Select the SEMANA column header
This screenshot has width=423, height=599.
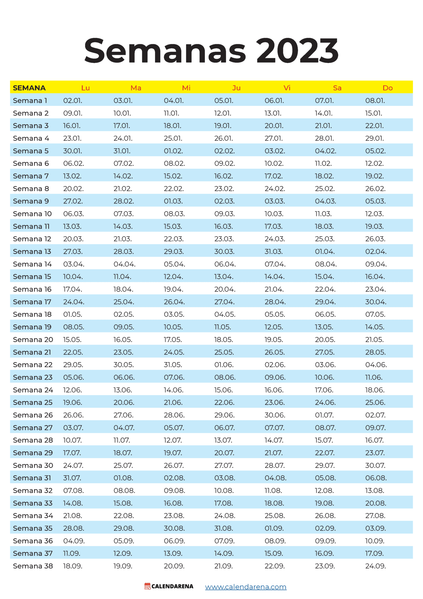coord(29,88)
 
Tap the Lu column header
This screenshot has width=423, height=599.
coord(85,88)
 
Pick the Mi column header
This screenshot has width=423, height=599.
coord(186,88)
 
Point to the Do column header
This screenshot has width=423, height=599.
coord(387,88)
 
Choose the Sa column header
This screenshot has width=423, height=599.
coord(337,88)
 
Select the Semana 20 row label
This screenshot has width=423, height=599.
coord(33,340)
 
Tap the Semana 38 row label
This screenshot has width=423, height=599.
coord(33,566)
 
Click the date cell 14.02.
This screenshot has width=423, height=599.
coord(123,176)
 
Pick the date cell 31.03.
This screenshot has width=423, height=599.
coord(273,252)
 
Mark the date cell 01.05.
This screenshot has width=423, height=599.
coord(73,314)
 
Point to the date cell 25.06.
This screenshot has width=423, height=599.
coord(375,402)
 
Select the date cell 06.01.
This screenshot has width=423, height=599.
coord(274,101)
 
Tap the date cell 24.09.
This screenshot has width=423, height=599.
coord(375,566)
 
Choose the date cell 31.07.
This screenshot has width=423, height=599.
coord(72,478)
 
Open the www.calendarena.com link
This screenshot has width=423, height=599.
coord(246,587)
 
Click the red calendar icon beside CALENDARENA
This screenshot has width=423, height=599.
coord(148,586)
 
